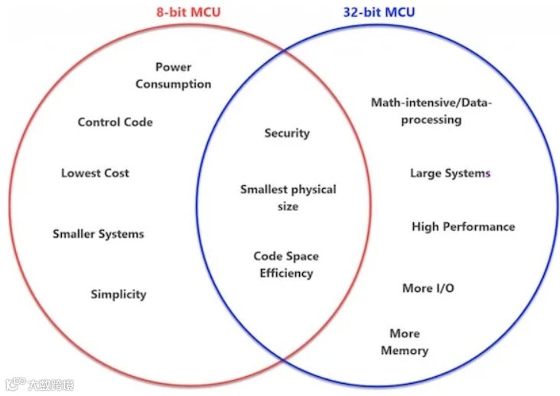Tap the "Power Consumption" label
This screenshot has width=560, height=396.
(174, 76)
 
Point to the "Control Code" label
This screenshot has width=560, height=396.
(116, 122)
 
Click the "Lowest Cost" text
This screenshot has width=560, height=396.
(95, 174)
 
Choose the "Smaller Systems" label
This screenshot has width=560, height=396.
(98, 234)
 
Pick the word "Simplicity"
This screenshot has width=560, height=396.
(119, 294)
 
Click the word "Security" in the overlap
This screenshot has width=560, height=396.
(287, 133)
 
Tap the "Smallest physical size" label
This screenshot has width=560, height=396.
(288, 197)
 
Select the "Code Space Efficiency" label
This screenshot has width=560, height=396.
(286, 265)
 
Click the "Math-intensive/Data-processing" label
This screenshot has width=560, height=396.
(431, 111)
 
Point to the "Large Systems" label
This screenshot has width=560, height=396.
(450, 174)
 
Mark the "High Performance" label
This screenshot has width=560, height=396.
(463, 227)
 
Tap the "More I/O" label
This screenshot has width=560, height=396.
(428, 288)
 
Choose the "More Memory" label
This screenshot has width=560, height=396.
(405, 342)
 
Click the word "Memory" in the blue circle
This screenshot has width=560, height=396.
(405, 351)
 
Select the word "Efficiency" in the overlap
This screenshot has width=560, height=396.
(286, 273)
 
